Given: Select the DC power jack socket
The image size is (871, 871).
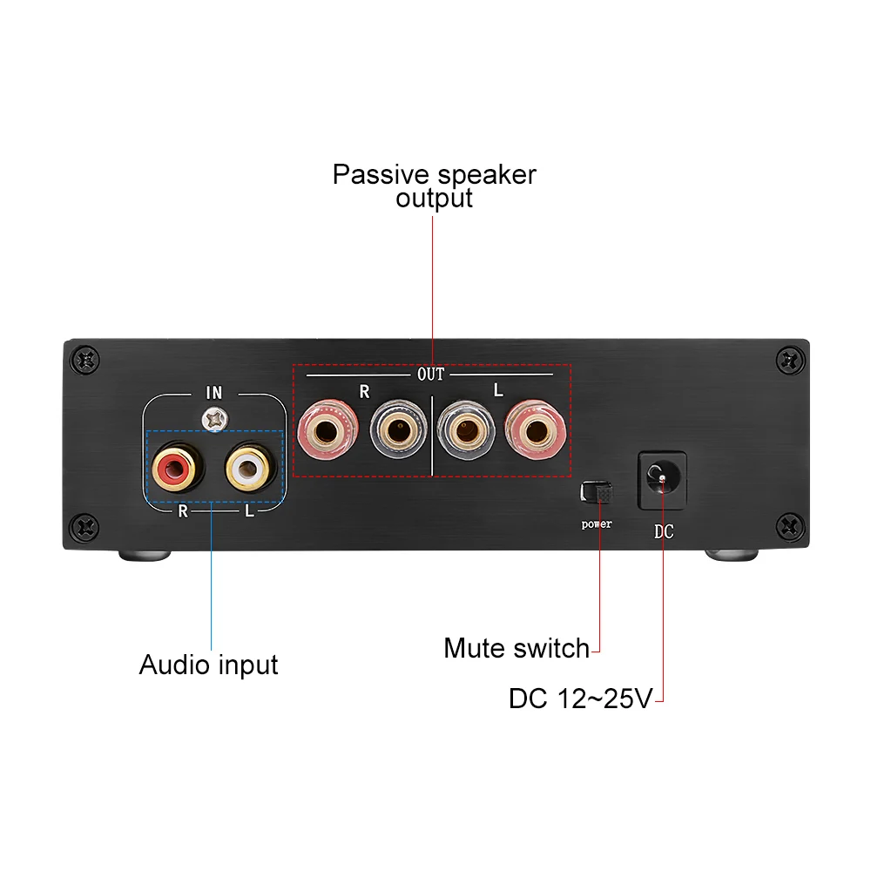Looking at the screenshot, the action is pyautogui.click(x=663, y=480).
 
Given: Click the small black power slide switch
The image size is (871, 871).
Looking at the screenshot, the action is pyautogui.click(x=598, y=492).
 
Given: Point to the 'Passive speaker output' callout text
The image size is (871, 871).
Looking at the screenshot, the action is pyautogui.click(x=434, y=186).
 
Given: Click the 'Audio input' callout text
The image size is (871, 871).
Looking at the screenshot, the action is pyautogui.click(x=208, y=665).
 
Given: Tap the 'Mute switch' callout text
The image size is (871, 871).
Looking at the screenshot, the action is pyautogui.click(x=517, y=648).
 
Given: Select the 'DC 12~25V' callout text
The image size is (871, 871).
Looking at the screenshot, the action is pyautogui.click(x=580, y=699).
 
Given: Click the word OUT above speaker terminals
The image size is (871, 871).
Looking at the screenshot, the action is pyautogui.click(x=431, y=375).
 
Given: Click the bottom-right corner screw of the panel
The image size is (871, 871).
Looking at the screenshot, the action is pyautogui.click(x=789, y=525).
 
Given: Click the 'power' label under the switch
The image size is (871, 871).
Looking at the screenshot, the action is pyautogui.click(x=597, y=524).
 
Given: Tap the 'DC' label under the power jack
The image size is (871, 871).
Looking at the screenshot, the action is pyautogui.click(x=663, y=531).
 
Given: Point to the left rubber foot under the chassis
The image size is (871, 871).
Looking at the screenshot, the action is pyautogui.click(x=143, y=555).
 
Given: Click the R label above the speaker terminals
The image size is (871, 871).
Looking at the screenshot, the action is pyautogui.click(x=364, y=393).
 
